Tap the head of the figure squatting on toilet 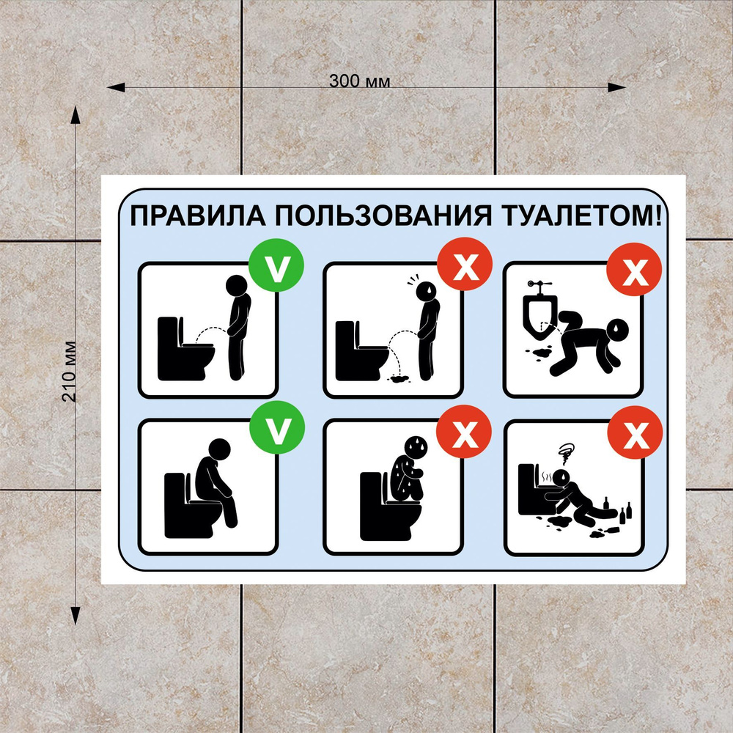point(416,448)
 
